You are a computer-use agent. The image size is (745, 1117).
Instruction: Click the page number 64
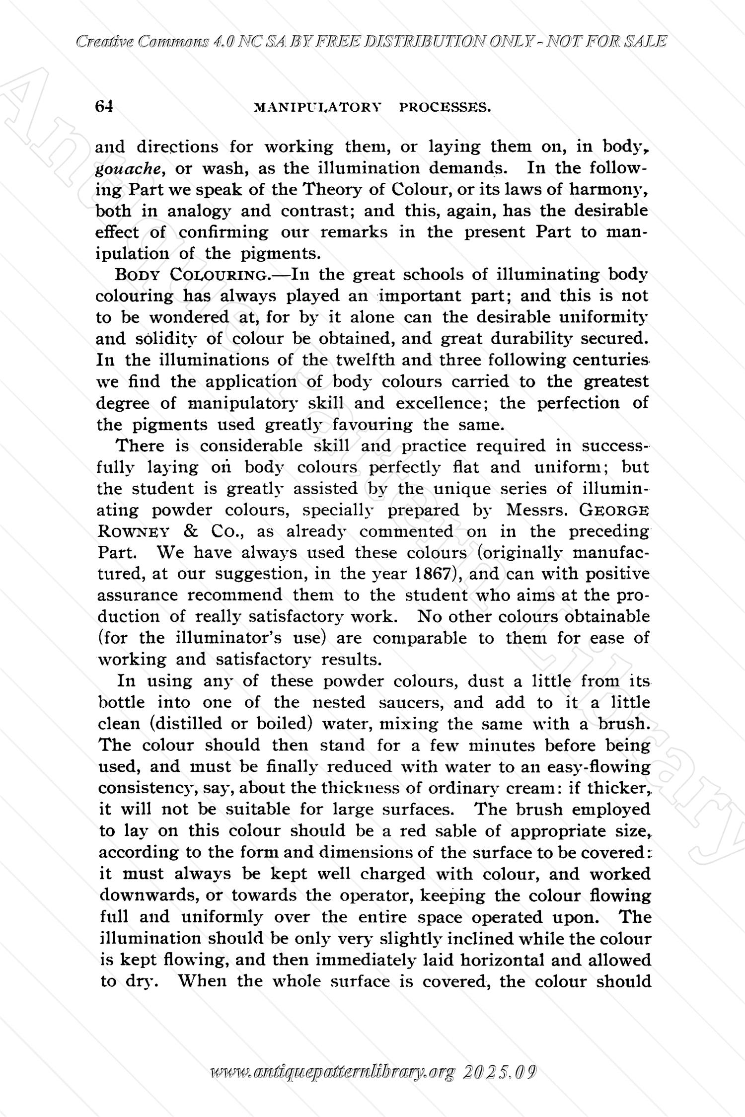tap(104, 106)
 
